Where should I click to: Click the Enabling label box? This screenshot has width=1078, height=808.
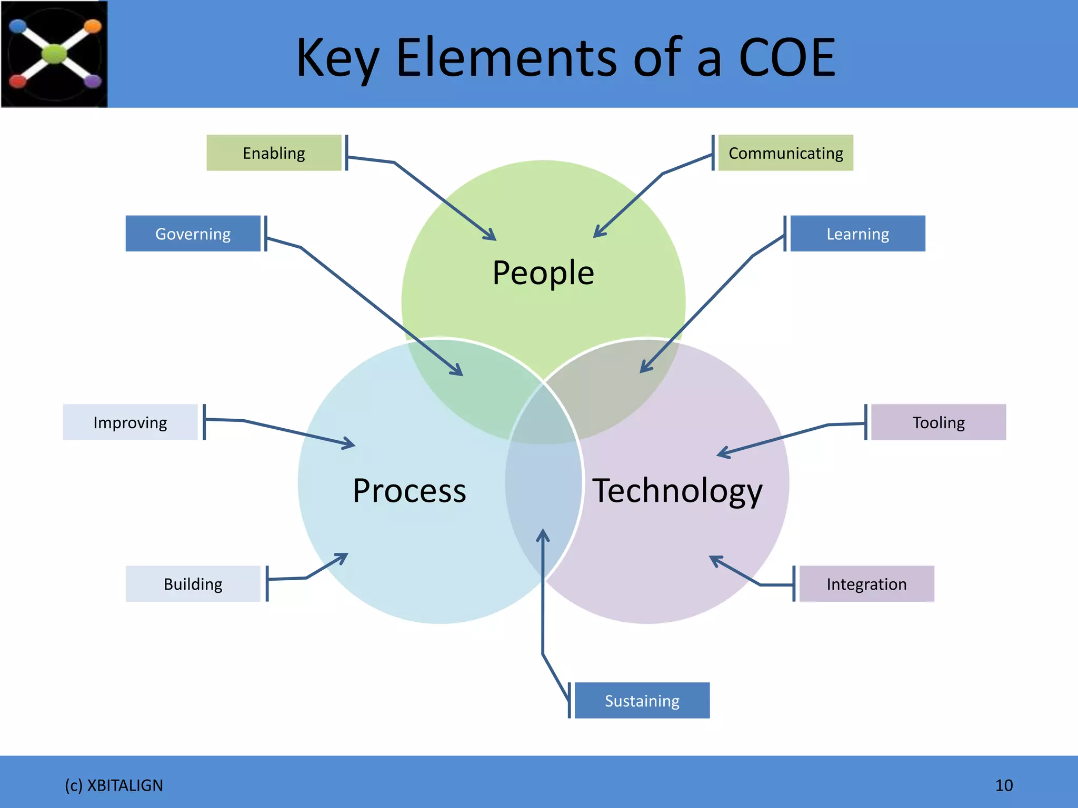[274, 153]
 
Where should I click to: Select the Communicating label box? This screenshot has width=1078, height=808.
[785, 153]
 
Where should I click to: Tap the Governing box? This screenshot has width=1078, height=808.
[193, 234]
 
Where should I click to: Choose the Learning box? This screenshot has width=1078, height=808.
[857, 234]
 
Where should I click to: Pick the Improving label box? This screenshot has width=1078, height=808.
[130, 422]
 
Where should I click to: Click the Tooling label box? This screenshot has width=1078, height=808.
[939, 422]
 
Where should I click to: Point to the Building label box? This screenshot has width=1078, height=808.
[193, 584]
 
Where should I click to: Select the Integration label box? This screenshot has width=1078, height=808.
[866, 584]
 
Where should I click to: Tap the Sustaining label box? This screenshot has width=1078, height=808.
[642, 701]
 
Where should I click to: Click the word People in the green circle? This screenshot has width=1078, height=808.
[543, 273]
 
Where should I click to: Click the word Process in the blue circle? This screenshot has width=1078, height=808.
[409, 491]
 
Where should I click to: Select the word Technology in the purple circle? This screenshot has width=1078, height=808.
[677, 491]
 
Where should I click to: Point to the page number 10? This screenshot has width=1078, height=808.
[1004, 785]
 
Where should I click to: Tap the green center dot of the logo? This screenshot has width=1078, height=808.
[54, 54]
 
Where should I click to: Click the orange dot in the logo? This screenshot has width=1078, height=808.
[93, 26]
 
